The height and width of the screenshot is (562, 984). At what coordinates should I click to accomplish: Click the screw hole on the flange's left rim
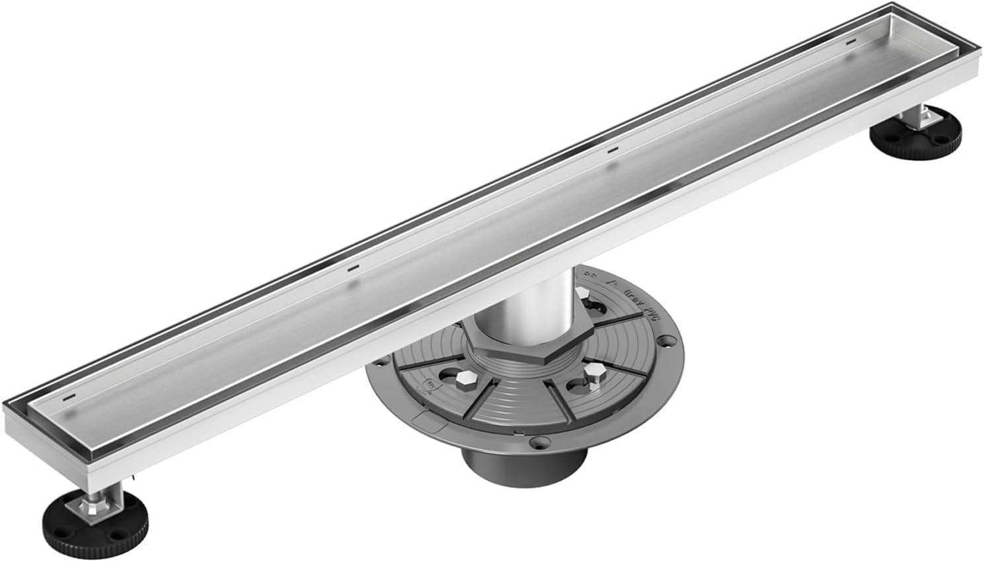pos(383,361)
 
